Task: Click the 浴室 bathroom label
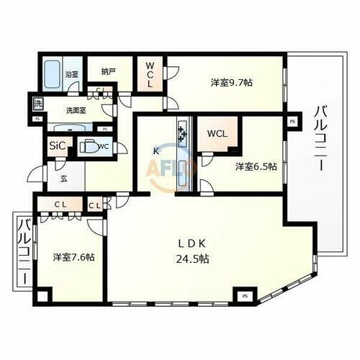[71, 73]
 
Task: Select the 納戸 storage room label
[108, 71]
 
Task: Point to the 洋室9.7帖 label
[231, 83]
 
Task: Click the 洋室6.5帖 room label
[256, 166]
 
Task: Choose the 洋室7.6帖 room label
[73, 256]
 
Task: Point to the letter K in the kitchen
[156, 151]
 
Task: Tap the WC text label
[104, 147]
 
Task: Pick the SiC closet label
[58, 146]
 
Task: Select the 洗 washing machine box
[37, 102]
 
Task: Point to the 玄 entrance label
[63, 178]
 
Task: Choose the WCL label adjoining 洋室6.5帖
[217, 133]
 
